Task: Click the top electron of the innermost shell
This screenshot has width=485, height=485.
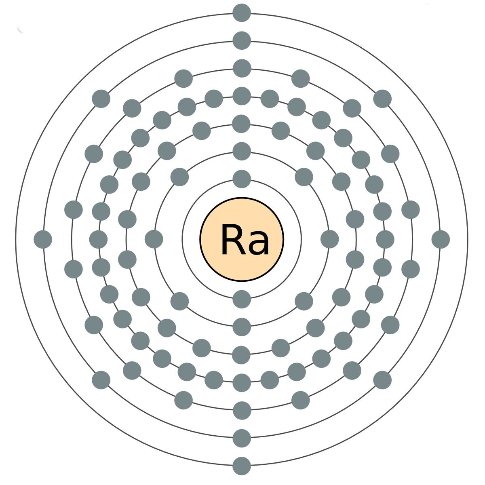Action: tap(242, 178)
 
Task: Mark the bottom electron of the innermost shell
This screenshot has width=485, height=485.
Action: tap(242, 299)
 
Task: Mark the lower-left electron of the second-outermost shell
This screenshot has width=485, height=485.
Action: tap(102, 380)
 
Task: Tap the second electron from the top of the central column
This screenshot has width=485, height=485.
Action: tap(242, 40)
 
